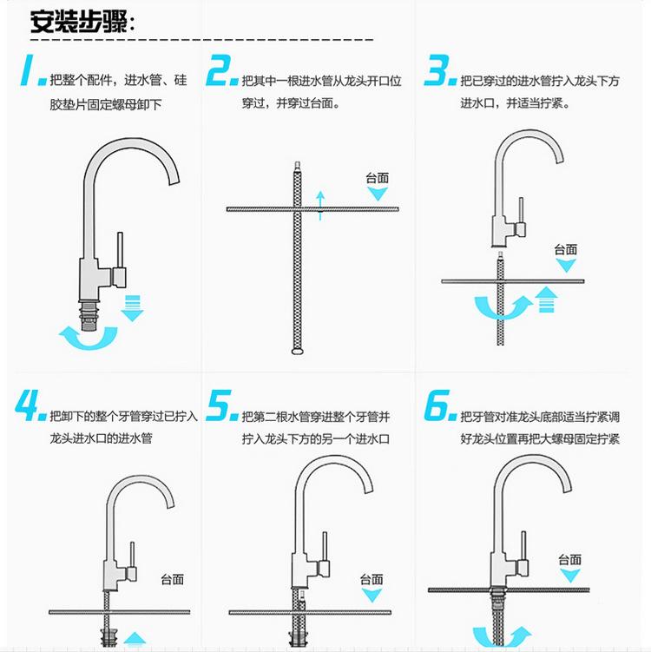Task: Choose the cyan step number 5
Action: tap(222, 405)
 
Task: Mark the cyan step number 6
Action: tap(441, 405)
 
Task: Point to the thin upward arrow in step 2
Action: tap(319, 204)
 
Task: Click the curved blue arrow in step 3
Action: tap(503, 308)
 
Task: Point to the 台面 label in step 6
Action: tap(569, 560)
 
